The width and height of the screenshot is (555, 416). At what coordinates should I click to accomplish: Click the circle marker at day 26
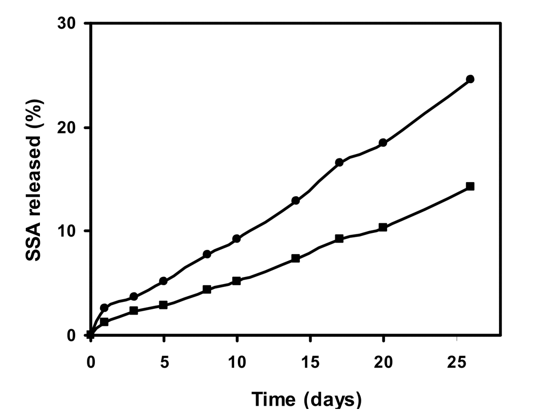pos(470,79)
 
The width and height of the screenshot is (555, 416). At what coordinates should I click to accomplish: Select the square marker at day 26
pos(470,186)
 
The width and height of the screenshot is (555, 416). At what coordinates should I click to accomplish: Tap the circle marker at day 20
pos(383,143)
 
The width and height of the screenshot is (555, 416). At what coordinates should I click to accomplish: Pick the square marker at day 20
pos(383,227)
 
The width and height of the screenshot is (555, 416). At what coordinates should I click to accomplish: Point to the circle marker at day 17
pos(339,162)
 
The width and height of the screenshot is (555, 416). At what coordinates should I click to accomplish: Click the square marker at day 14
pos(296,258)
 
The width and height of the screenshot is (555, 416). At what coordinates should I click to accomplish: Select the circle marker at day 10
pos(236,239)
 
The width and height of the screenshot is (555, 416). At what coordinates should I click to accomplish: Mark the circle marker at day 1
pos(104,308)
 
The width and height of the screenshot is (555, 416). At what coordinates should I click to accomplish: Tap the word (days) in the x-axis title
pos(332,400)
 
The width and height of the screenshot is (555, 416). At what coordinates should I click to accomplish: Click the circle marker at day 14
pos(296,200)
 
